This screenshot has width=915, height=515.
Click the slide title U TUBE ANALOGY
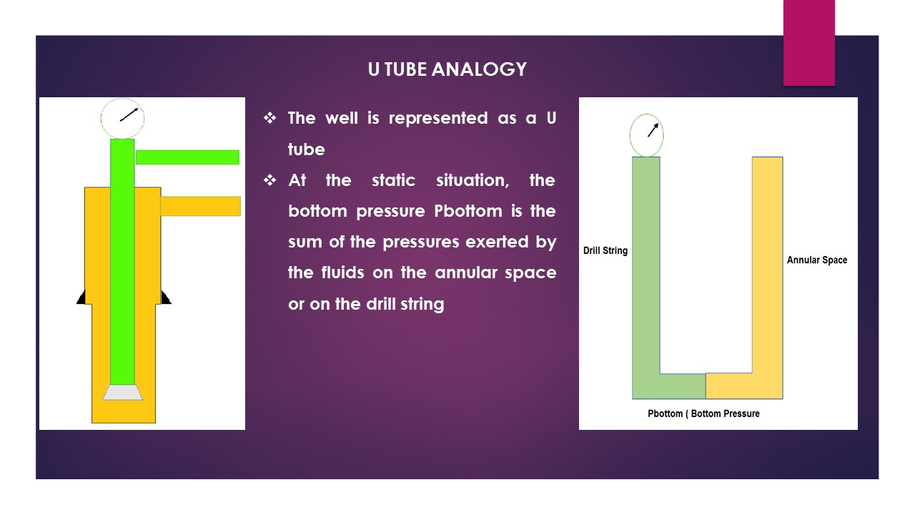click(x=447, y=69)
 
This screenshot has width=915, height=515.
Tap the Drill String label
click(x=605, y=251)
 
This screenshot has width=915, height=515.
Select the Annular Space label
click(x=816, y=260)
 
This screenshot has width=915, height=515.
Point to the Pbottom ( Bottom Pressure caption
click(x=703, y=413)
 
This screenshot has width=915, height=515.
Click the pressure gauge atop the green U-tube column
click(x=646, y=136)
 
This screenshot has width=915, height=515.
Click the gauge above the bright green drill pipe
click(x=123, y=118)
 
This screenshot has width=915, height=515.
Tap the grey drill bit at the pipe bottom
click(x=122, y=392)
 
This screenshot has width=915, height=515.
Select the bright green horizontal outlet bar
click(x=187, y=157)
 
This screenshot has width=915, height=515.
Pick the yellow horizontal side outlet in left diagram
click(x=200, y=206)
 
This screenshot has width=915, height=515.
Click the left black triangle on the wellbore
click(x=81, y=298)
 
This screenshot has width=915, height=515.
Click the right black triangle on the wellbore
click(x=166, y=298)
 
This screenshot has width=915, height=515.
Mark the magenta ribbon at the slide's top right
click(x=808, y=43)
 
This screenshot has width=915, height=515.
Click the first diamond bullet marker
click(x=270, y=118)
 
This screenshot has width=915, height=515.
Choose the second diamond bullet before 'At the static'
click(x=270, y=180)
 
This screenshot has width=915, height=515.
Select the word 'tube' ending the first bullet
click(x=306, y=149)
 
